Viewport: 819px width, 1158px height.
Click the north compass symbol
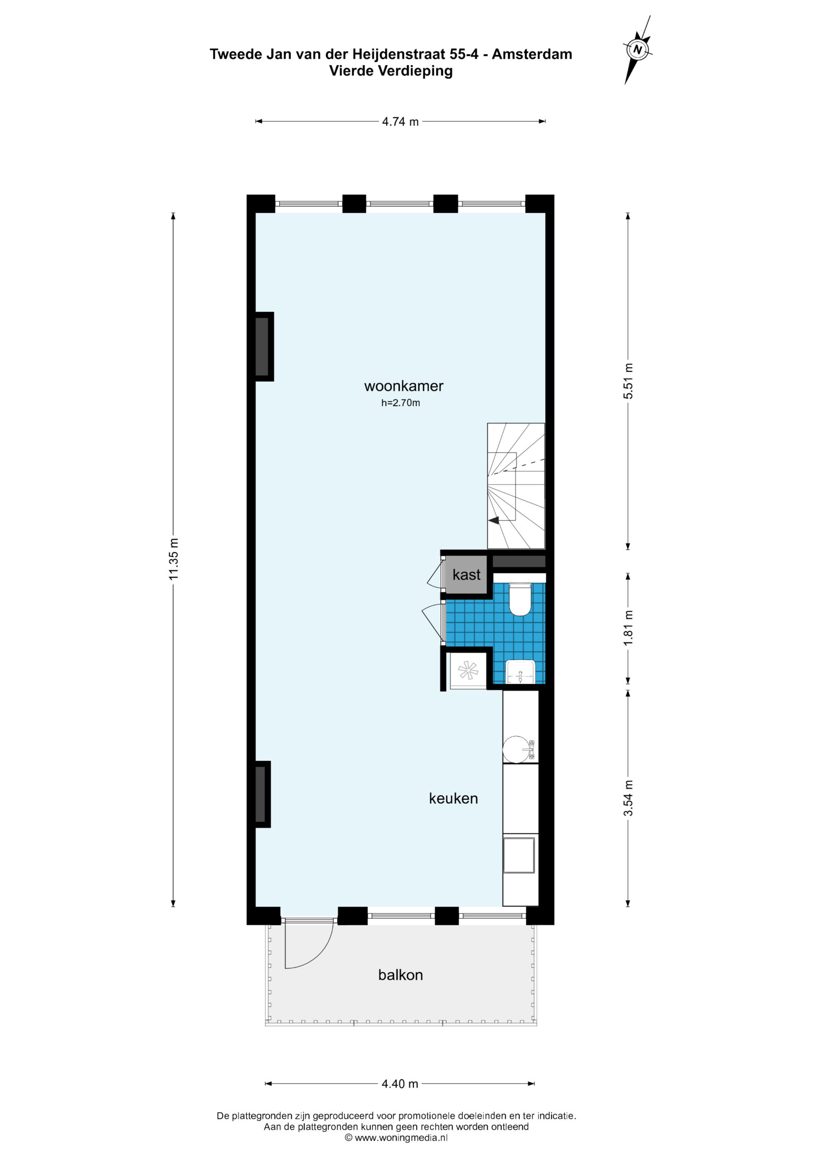coord(638,49)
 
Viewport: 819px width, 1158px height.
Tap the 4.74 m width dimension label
coord(400,122)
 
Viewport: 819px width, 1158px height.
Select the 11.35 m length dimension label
coord(174,559)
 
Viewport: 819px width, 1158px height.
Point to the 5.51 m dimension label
coord(628,381)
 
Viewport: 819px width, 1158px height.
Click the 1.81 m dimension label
coord(628,628)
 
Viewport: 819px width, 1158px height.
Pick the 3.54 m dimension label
coord(628,798)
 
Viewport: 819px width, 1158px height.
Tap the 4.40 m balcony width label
coord(400,1083)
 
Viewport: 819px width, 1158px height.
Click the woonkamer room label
coord(404,386)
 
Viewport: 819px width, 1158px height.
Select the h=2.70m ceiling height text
coord(400,403)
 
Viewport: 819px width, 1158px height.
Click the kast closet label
coord(466,574)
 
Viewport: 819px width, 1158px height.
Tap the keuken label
coord(453,798)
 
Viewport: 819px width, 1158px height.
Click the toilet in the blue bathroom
coord(520,599)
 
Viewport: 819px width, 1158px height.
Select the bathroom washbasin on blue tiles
coord(520,671)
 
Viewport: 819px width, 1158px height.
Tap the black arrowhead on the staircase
coord(494,521)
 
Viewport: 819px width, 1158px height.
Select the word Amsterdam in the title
coord(532,54)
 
